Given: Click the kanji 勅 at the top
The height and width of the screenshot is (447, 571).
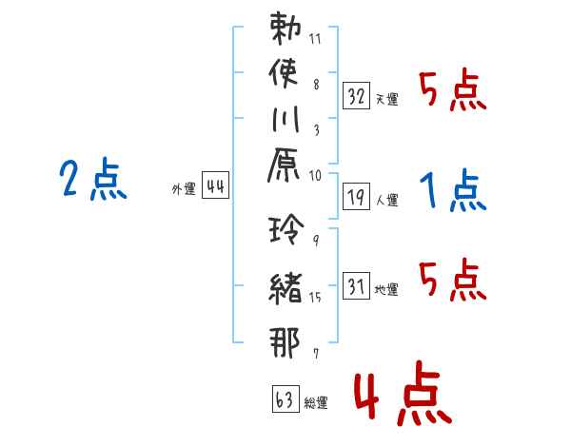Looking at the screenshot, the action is click(x=285, y=29).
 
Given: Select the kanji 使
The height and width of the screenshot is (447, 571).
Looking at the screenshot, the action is click(x=284, y=74).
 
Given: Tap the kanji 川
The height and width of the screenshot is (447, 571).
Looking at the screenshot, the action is click(x=285, y=119).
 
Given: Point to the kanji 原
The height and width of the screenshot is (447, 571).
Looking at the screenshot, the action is click(x=284, y=165).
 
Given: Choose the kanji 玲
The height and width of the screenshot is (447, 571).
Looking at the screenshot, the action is click(x=286, y=228).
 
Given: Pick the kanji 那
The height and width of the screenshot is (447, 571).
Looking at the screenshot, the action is click(x=285, y=342).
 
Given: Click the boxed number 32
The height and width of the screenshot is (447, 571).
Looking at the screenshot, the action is click(x=356, y=96).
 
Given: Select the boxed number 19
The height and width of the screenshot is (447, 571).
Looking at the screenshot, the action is click(x=356, y=197).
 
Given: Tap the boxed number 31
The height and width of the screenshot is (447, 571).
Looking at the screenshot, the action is click(x=356, y=285).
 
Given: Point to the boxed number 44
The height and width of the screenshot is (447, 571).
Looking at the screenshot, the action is click(x=216, y=185).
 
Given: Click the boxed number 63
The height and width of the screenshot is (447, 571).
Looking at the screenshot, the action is click(x=285, y=398).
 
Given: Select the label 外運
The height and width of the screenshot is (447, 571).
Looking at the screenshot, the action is click(x=184, y=189).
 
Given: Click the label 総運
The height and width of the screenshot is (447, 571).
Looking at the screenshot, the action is click(x=316, y=402).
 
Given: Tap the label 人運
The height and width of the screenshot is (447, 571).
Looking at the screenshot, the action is click(x=387, y=200).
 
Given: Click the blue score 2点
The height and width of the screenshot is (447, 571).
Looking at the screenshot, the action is click(x=93, y=179).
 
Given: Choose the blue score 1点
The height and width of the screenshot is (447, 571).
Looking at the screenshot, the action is click(x=453, y=189).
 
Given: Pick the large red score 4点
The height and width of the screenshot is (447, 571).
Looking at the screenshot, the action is click(x=403, y=393).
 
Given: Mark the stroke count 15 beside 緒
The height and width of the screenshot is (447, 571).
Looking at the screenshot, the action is click(x=315, y=298).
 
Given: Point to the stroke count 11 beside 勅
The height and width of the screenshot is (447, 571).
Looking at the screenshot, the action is click(x=315, y=39).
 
